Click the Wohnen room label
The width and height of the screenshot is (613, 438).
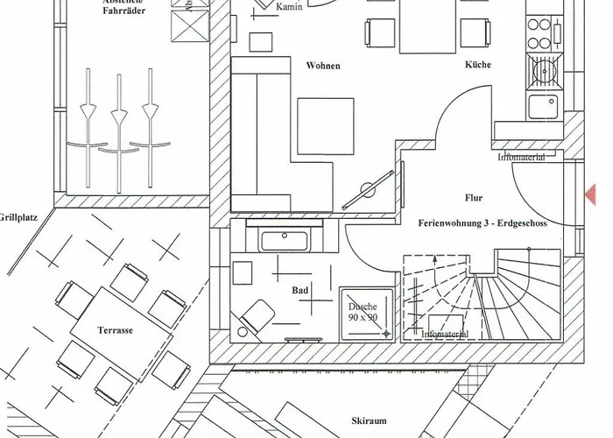323,66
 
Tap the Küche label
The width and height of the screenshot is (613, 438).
478,65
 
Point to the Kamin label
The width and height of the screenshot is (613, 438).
290,7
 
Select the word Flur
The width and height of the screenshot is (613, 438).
475,198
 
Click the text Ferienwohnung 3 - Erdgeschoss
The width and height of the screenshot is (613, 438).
483,223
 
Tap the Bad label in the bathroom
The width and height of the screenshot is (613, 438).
300,288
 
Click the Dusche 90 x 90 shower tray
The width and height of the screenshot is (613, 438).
363,314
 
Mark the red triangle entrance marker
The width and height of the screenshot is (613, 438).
591,194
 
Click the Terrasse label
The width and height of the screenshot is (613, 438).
114,330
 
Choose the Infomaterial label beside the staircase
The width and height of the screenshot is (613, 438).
445,334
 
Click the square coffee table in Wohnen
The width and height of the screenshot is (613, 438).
325,126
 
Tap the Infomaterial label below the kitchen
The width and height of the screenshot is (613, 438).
521,158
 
